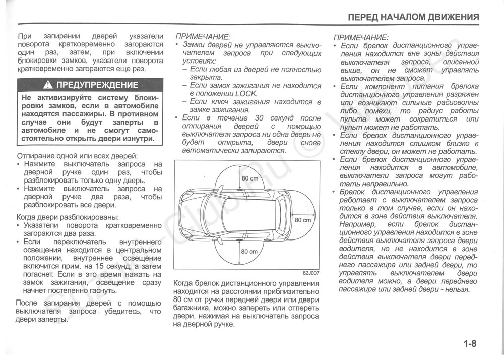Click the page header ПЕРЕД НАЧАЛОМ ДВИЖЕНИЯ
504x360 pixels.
[x=413, y=17]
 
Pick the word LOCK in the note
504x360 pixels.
[x=246, y=93]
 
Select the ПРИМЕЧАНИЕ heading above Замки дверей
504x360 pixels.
[x=202, y=37]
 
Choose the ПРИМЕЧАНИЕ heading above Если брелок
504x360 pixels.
[x=361, y=37]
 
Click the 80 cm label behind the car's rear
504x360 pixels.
[x=303, y=220]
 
